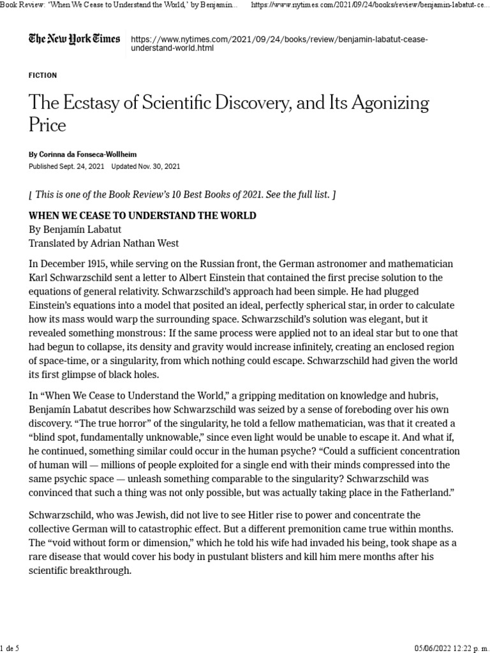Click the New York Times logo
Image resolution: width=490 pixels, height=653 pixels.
pos(74,40)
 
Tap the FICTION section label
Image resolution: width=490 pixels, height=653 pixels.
pos(43,75)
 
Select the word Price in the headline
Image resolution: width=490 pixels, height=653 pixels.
pos(47,124)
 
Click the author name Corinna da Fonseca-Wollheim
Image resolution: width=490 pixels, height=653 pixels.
pos(88,155)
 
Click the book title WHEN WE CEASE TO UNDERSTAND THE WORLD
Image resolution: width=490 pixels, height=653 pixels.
pos(142,216)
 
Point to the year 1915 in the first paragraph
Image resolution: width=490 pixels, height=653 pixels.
pos(95,265)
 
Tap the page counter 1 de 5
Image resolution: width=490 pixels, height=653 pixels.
pos(11,649)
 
